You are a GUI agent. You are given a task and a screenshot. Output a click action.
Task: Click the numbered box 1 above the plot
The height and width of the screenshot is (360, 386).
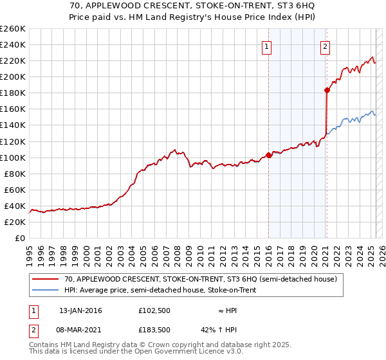(x=266, y=46)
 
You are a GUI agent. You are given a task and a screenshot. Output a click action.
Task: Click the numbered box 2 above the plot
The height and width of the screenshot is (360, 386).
(x=326, y=46)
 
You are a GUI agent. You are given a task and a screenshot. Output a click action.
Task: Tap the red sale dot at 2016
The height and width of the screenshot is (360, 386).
(x=268, y=155)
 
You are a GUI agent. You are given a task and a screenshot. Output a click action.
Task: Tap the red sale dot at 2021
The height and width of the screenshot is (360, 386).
(x=327, y=90)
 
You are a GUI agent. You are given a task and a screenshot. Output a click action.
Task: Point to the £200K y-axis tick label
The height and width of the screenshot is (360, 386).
(x=13, y=76)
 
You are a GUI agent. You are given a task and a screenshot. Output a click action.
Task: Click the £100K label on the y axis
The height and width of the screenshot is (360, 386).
(x=13, y=157)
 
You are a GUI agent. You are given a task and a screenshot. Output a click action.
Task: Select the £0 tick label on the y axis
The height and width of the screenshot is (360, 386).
(x=21, y=238)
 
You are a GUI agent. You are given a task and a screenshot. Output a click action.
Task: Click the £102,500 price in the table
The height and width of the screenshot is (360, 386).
(x=154, y=310)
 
